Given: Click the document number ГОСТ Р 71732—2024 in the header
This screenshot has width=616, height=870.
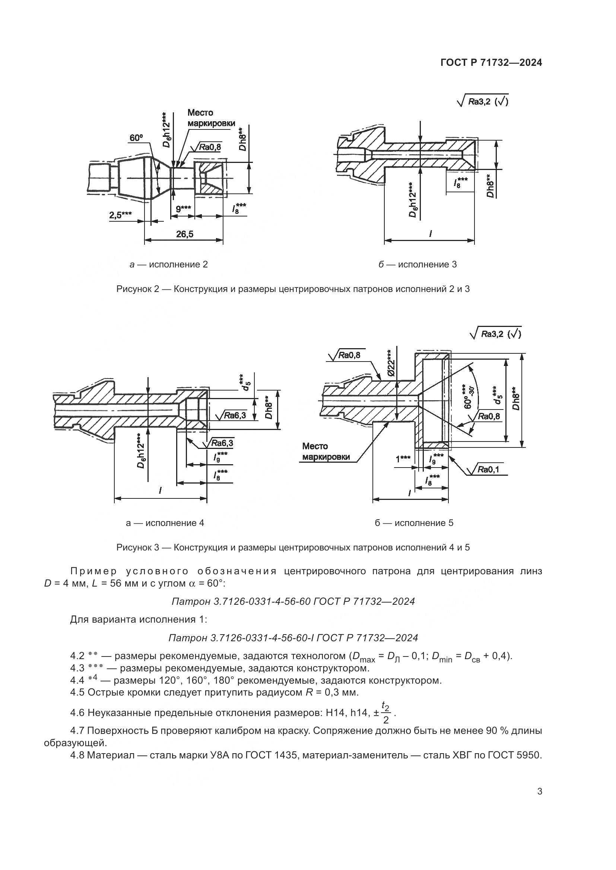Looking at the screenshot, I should (491, 63).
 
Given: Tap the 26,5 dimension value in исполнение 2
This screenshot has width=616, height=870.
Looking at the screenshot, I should (184, 234).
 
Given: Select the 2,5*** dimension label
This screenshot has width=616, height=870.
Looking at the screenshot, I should (121, 215).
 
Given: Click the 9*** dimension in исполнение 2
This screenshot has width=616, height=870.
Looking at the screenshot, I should (183, 209).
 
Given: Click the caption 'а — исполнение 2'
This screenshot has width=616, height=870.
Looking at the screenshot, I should (168, 264).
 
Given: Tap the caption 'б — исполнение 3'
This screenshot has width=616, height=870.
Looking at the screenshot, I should (417, 264).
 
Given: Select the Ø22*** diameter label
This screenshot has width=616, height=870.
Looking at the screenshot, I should (391, 363).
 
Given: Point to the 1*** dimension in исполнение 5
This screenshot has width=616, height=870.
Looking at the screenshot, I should (403, 459).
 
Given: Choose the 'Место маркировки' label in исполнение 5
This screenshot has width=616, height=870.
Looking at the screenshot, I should (326, 451).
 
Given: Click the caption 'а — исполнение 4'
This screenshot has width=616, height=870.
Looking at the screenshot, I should (165, 523).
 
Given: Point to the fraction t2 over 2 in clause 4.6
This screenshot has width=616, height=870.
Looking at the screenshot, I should (385, 712).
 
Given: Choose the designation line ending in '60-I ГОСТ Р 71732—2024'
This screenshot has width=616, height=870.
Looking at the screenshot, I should (293, 638).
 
